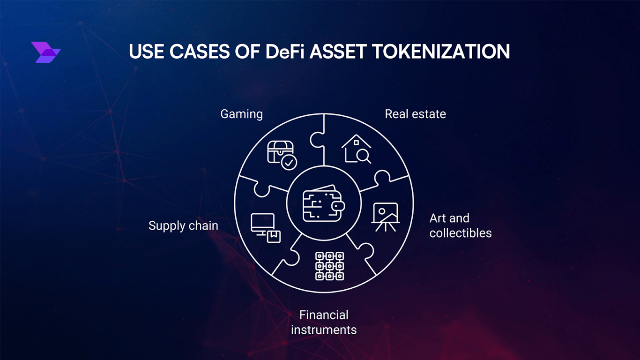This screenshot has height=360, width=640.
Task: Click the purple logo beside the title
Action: coord(46,52)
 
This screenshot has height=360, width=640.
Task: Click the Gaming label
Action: coord(241,114)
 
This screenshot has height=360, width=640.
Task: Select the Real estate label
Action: coord(415,114)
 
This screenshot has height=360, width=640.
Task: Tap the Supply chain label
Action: coord(183,225)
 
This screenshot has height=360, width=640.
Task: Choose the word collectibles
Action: coord(461,233)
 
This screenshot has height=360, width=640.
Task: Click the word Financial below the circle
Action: coord(324,315)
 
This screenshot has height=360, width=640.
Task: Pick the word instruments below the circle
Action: coord(324,330)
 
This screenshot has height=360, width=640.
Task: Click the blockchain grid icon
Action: coord(329,266)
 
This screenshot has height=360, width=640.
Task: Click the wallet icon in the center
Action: coord(324,205)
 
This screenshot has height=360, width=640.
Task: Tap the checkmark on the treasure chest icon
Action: coord(289,163)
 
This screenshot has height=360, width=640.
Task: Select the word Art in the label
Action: coord(439,218)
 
